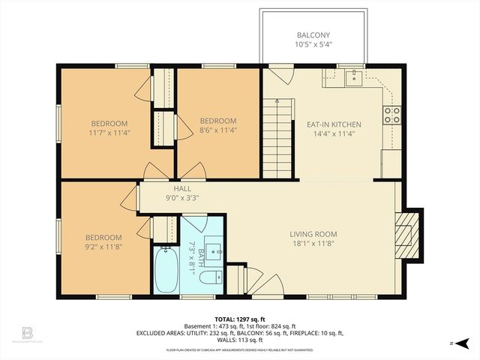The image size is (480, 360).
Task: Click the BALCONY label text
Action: [x=313, y=35]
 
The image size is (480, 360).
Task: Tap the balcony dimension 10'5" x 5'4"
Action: [x=313, y=44]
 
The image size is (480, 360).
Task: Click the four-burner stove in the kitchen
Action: [x=392, y=115]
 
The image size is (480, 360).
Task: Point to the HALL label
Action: [x=181, y=189]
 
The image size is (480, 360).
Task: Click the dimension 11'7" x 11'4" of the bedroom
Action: [x=109, y=133]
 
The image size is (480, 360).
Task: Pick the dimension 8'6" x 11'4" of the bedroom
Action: [x=217, y=130]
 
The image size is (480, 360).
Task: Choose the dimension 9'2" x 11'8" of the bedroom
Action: [x=103, y=246]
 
